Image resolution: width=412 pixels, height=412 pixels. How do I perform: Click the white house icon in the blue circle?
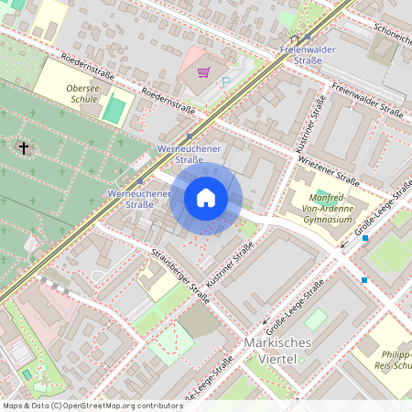(x=206, y=198)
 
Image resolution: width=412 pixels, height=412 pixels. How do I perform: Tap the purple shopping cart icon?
(x=203, y=71)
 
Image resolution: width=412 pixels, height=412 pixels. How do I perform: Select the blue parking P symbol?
(x=226, y=82)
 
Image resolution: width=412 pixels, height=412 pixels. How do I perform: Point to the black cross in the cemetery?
(x=24, y=146)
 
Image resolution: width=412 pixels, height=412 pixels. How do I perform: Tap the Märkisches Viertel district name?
(x=279, y=350)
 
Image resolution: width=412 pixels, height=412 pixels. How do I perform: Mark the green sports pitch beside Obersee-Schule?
(x=114, y=109)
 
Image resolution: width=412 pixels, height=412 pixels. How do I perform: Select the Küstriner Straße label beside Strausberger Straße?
(x=231, y=265)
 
